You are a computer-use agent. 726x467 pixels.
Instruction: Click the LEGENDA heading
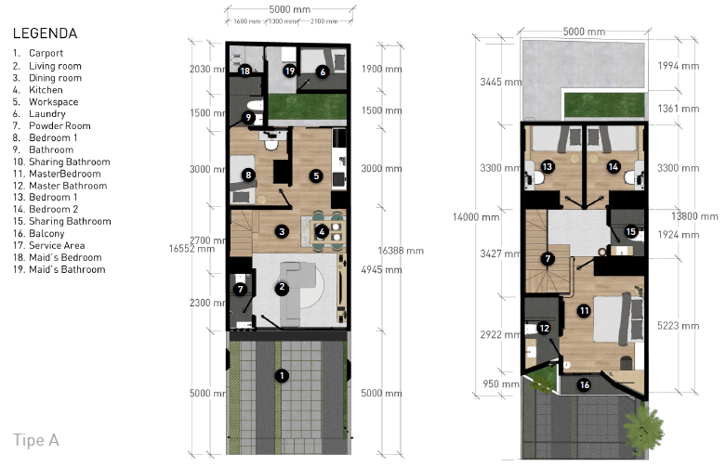pyautogui.click(x=45, y=33)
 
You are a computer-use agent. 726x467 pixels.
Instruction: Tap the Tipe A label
pyautogui.click(x=36, y=439)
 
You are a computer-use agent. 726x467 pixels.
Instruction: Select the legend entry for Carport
pyautogui.click(x=46, y=54)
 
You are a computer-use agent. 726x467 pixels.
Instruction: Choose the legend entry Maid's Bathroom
pyautogui.click(x=66, y=270)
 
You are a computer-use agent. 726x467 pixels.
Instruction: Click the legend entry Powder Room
pyautogui.click(x=59, y=126)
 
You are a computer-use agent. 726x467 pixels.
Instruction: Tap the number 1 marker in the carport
pyautogui.click(x=280, y=375)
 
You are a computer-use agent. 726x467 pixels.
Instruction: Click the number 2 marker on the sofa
pyautogui.click(x=281, y=288)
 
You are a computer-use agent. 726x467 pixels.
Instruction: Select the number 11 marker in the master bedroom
pyautogui.click(x=584, y=311)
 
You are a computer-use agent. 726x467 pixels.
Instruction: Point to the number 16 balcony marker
pyautogui.click(x=584, y=384)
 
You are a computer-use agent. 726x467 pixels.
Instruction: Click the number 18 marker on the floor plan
pyautogui.click(x=244, y=71)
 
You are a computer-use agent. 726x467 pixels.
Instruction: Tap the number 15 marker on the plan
pyautogui.click(x=631, y=232)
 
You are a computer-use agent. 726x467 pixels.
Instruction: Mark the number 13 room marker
pyautogui.click(x=548, y=167)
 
